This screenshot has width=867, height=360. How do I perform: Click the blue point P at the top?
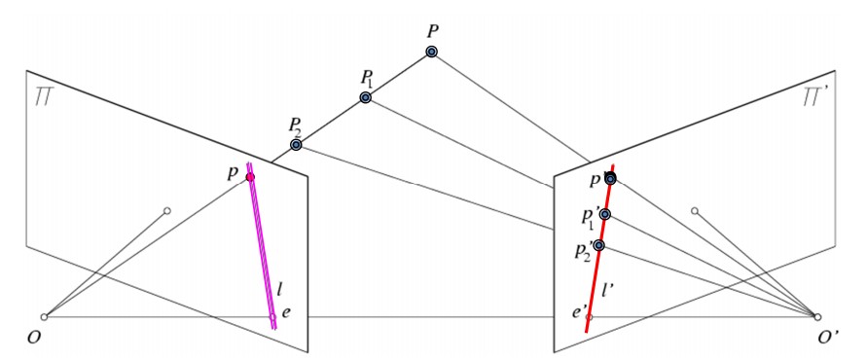(x=431, y=52)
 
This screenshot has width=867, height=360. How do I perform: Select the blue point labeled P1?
(x=365, y=98)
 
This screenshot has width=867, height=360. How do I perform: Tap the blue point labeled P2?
(x=296, y=145)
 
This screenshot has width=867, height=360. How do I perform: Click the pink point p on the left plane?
(x=250, y=177)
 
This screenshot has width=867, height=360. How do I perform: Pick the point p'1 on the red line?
(x=605, y=214)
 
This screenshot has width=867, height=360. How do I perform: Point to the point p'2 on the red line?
(x=598, y=245)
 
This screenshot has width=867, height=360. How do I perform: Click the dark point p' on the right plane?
(x=610, y=179)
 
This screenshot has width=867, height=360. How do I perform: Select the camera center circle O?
(x=44, y=317)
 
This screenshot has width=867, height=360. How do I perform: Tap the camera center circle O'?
(x=817, y=317)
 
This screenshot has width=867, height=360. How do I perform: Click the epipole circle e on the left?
(x=272, y=317)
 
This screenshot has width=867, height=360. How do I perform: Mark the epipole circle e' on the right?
(x=590, y=317)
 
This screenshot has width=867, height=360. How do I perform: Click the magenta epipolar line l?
(x=262, y=246)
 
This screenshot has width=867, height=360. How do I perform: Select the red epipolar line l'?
(x=600, y=248)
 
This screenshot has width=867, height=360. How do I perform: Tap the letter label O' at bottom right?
(x=827, y=336)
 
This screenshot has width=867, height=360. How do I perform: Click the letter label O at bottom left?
(x=34, y=337)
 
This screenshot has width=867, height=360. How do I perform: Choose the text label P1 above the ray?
(x=368, y=80)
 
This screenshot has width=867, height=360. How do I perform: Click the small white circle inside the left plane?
(x=167, y=211)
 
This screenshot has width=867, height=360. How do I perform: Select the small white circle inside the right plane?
(x=695, y=211)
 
